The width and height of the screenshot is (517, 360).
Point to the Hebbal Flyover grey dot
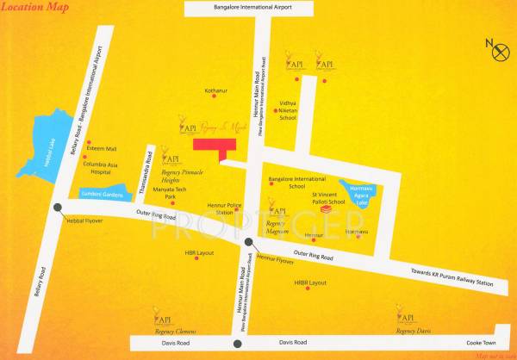56,207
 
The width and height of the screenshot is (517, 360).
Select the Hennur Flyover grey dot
249,243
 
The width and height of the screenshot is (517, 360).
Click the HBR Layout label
199,253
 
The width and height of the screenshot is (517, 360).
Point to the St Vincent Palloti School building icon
327,209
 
